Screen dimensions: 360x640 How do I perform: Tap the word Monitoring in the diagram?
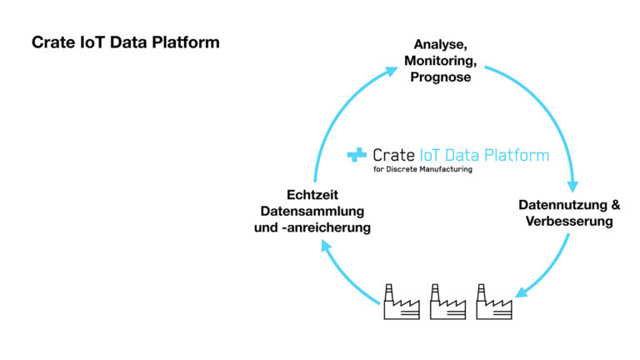(x=439, y=61)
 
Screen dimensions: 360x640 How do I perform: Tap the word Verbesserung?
(x=570, y=222)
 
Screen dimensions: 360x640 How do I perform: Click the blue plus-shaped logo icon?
(x=357, y=155)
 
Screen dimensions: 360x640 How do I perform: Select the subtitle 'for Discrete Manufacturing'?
(x=422, y=169)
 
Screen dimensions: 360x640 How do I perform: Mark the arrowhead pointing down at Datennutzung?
(x=572, y=185)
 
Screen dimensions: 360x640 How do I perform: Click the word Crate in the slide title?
(x=52, y=42)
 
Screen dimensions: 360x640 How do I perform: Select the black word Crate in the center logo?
(x=393, y=155)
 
